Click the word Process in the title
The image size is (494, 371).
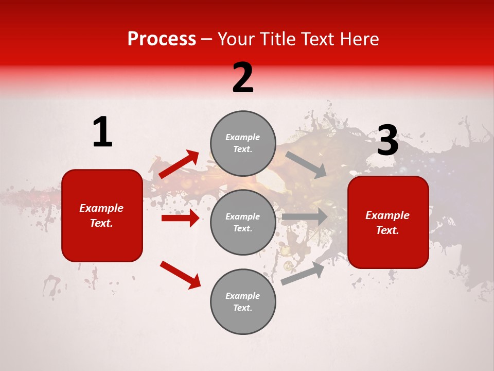coord(162,39)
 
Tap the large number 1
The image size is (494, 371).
coord(102,132)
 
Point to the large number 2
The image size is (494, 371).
coord(243,78)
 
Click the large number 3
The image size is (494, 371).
coord(387,141)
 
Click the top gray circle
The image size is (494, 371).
coord(243,143)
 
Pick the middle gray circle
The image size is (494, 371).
coord(243,222)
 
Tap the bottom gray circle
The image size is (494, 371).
coord(243,301)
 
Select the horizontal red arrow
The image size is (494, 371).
coord(180,218)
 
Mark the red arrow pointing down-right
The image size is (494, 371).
coord(180,275)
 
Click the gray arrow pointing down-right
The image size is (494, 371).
coord(307,164)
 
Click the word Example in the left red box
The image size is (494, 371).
coord(101,208)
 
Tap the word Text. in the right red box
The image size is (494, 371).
coord(387,230)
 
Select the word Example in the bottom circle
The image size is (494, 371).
coord(243,296)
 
